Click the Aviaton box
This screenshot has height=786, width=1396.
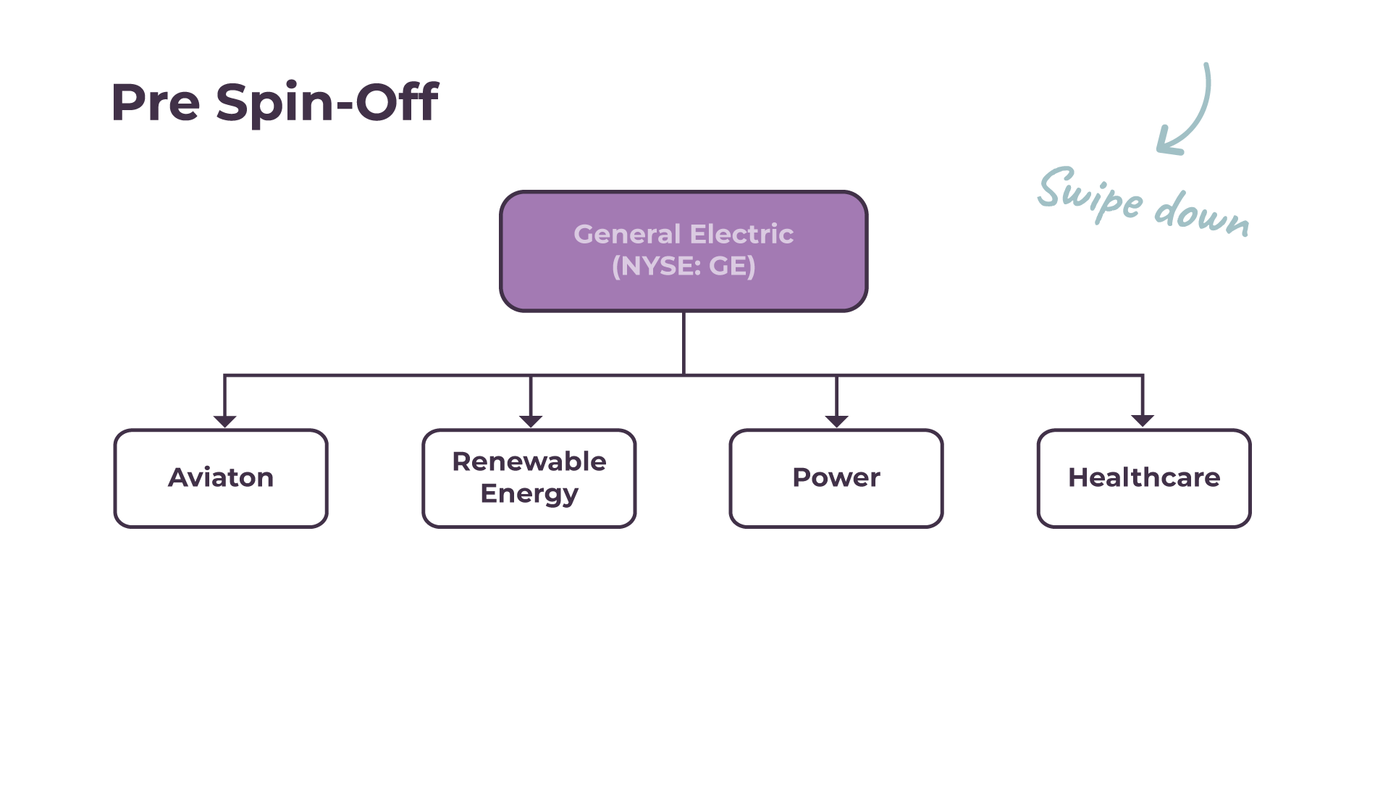(x=221, y=478)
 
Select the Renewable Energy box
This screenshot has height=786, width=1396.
(x=529, y=478)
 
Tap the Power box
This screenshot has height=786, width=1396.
(x=836, y=478)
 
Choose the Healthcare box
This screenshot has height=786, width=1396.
(x=1144, y=478)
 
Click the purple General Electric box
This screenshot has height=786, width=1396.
(x=684, y=251)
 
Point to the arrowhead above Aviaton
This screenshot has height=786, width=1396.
(x=225, y=421)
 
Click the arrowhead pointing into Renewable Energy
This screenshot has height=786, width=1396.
(x=531, y=421)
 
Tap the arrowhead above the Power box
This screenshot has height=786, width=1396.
(x=836, y=421)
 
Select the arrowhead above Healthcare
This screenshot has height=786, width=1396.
(x=1143, y=421)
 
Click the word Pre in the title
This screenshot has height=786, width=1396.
(x=155, y=103)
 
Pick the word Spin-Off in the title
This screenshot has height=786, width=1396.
(x=327, y=103)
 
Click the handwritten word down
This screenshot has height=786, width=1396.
(x=1202, y=214)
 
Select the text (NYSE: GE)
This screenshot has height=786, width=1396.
(x=684, y=267)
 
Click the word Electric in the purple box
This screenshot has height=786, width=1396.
(x=741, y=234)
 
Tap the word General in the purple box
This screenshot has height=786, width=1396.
(x=627, y=234)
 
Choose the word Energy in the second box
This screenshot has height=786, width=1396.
(x=529, y=494)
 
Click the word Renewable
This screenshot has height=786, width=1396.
(x=529, y=461)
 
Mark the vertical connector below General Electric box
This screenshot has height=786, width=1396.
(x=684, y=343)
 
